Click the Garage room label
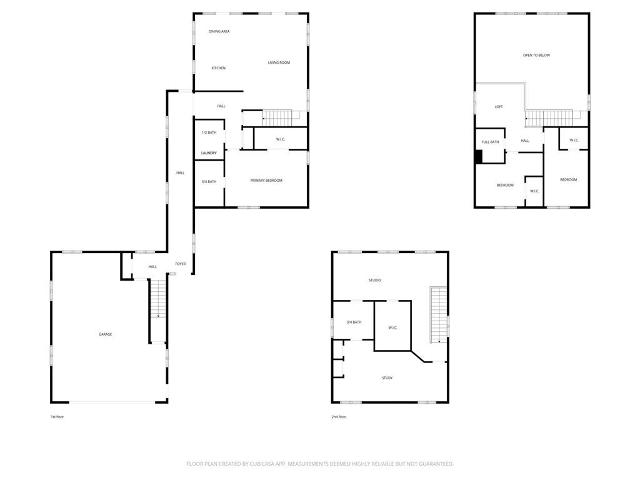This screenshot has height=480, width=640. (x=105, y=334)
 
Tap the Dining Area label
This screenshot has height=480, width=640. (x=219, y=31)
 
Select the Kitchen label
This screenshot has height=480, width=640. (x=218, y=68)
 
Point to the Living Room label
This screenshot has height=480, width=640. (x=279, y=63)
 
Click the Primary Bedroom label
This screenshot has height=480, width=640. (x=266, y=181)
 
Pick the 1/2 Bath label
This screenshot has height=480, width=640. (x=209, y=132)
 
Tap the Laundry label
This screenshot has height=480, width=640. (x=209, y=153)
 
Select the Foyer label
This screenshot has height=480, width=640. (x=181, y=264)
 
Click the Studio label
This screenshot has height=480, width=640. (x=375, y=281)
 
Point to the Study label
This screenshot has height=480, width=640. (x=387, y=378)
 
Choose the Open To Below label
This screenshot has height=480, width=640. (x=536, y=55)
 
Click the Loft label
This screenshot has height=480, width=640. (x=499, y=107)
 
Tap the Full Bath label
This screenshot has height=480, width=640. (x=490, y=142)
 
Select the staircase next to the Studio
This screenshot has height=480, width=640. (x=439, y=315)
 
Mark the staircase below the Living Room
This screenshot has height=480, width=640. (x=278, y=118)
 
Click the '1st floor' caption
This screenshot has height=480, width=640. (x=57, y=417)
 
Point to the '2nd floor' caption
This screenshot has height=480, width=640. (x=339, y=417)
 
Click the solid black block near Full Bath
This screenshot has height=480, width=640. (x=479, y=157)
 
